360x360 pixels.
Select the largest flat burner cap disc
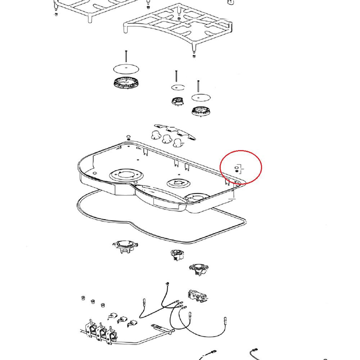pos(126,69)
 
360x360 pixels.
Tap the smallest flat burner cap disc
pos(177,87)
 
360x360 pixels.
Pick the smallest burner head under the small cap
pos(177,101)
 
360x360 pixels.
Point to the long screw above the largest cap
pos(126,57)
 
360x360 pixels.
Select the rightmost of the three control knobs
pos(177,143)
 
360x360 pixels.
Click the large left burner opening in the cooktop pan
pos(126,176)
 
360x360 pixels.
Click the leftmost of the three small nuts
pos(82,298)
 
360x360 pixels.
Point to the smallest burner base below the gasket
pos(177,255)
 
